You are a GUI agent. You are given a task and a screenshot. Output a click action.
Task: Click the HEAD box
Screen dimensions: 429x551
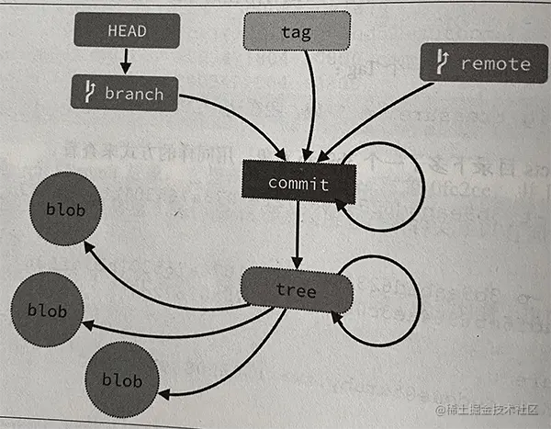coord(125,31)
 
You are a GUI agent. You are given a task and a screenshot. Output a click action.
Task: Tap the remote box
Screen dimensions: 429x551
coord(483,63)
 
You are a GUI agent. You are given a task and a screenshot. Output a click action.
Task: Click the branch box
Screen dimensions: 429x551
coord(124,93)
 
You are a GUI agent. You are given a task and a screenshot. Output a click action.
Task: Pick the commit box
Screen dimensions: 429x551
coord(298,183)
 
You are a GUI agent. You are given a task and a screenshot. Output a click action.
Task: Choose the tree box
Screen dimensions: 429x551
coord(296,290)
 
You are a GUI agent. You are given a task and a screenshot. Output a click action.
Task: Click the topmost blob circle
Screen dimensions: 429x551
coord(64,210)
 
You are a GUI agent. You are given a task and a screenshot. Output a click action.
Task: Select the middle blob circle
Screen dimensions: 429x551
coord(46,310)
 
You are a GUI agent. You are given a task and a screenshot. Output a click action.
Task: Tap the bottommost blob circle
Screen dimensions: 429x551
coord(121,379)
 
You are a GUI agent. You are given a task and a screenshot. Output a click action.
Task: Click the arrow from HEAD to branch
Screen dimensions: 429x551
coord(126,62)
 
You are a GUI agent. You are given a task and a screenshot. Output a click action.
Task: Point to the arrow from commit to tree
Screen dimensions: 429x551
coord(298,234)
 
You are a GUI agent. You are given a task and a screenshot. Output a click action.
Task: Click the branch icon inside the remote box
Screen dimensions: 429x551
coord(442,63)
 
